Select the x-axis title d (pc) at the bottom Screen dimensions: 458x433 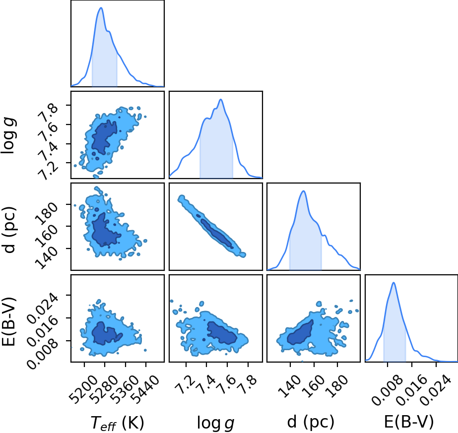tap(311, 422)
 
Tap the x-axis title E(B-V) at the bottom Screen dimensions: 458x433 tap(409, 422)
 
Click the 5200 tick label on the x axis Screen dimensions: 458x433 tap(83, 389)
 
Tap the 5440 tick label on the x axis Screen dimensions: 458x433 tap(145, 389)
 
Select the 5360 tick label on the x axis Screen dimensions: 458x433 tap(125, 389)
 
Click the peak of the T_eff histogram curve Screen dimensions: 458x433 tap(101, 7)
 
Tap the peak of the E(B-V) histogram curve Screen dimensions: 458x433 tap(393, 283)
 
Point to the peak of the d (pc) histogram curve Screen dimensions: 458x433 tap(304, 191)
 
